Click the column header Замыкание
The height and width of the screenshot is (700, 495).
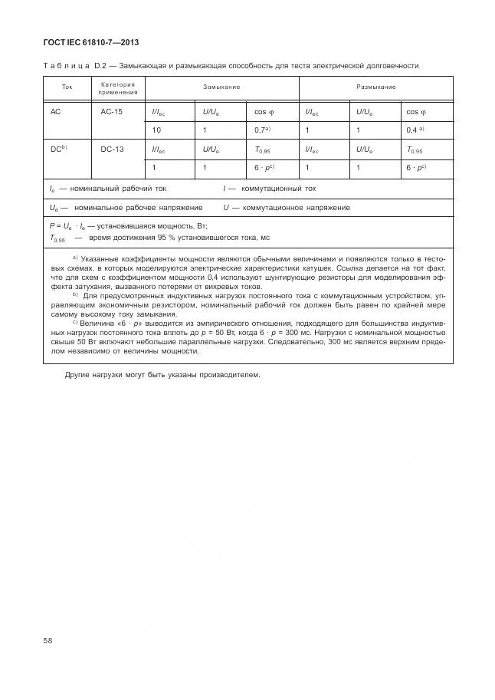[x=221, y=87]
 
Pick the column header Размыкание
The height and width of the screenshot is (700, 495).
[x=375, y=87]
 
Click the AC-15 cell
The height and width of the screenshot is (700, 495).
[x=112, y=112]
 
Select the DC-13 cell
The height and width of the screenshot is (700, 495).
[x=112, y=150]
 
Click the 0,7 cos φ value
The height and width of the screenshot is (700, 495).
[x=262, y=130]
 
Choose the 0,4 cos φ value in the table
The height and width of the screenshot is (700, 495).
[x=415, y=130]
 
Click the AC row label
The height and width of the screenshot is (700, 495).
[x=55, y=112]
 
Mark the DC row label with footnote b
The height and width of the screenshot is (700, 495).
[x=58, y=150]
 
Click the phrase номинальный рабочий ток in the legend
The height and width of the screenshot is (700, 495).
[x=123, y=188]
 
